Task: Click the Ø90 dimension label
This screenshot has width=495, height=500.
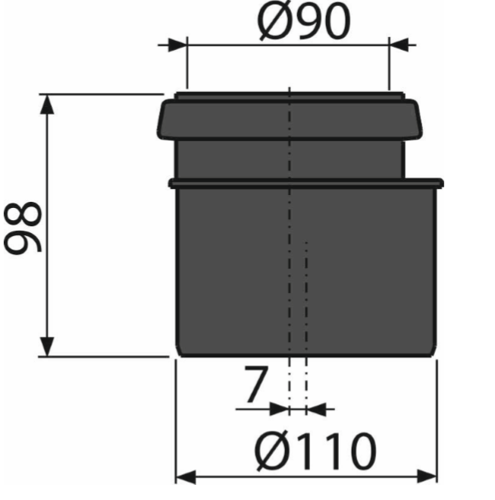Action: (303, 23)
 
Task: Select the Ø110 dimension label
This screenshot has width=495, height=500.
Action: (315, 452)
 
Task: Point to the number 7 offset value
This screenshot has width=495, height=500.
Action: (255, 385)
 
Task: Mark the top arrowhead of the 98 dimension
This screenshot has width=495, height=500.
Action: (48, 104)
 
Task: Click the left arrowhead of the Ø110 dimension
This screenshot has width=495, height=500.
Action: (186, 477)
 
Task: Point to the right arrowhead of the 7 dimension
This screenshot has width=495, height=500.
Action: (315, 409)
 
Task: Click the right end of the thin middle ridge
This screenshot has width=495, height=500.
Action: (437, 183)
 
